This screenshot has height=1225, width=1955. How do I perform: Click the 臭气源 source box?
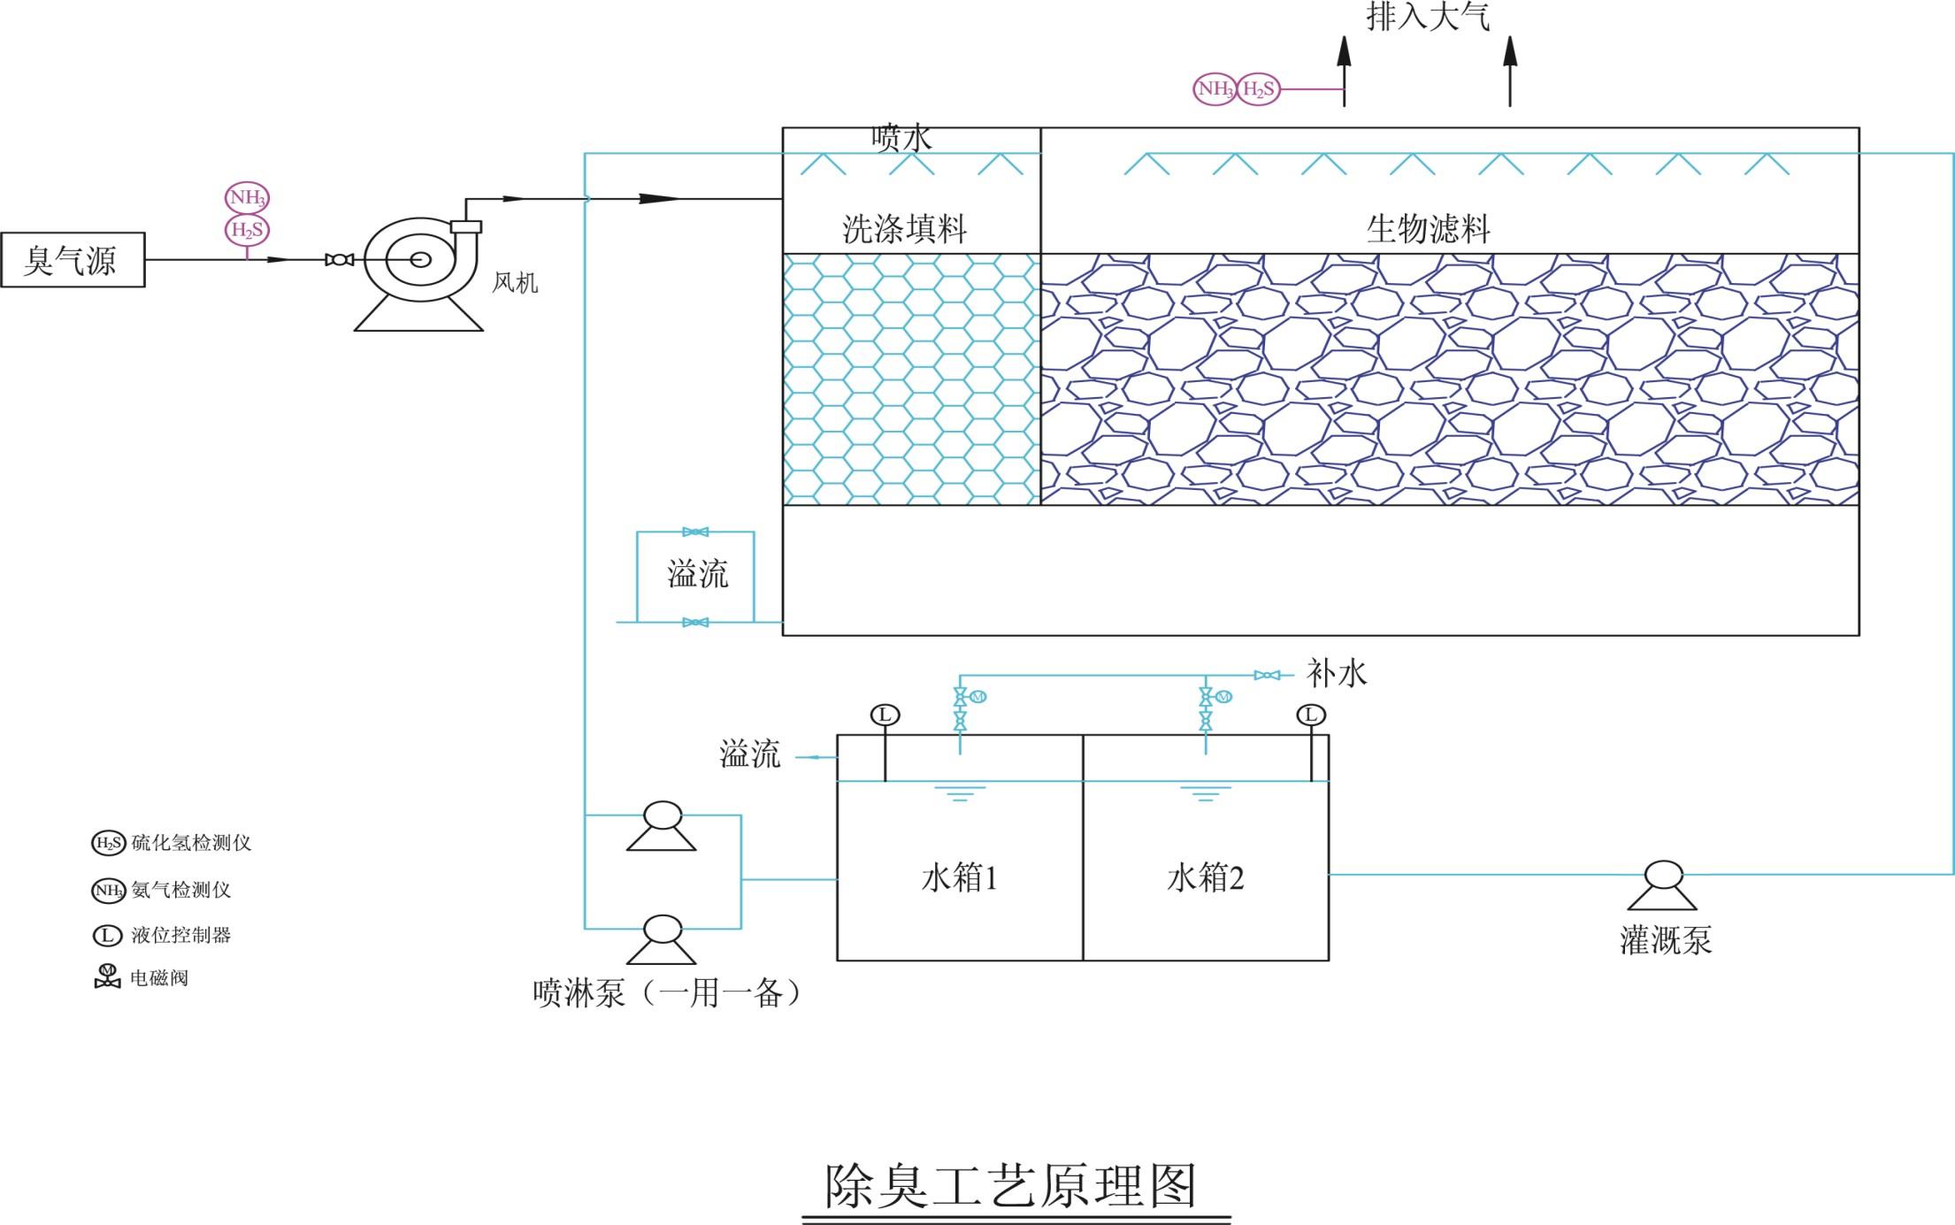73,260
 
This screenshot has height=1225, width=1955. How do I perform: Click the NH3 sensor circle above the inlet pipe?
247,197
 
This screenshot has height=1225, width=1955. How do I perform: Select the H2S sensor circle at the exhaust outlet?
1258,88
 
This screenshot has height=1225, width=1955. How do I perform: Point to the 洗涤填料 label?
904,229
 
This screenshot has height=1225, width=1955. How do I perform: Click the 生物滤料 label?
1428,229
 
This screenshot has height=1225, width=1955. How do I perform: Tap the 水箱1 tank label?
959,878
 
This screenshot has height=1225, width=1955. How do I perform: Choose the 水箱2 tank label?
1205,878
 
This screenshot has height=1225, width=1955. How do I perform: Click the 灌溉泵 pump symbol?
1662,884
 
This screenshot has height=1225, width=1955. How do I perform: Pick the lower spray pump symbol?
662,939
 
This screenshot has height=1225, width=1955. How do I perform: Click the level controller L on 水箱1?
885,715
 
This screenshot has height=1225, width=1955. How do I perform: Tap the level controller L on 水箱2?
1311,715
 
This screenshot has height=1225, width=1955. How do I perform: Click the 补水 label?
1337,674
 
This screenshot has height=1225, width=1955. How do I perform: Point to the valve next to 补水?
1267,675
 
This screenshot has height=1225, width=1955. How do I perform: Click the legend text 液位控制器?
181,935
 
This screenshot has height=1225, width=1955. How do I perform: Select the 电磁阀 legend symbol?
107,976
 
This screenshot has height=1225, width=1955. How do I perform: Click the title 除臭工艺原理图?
1011,1186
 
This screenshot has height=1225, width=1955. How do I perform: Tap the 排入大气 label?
1428,16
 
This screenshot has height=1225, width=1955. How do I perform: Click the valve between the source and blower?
340,260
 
